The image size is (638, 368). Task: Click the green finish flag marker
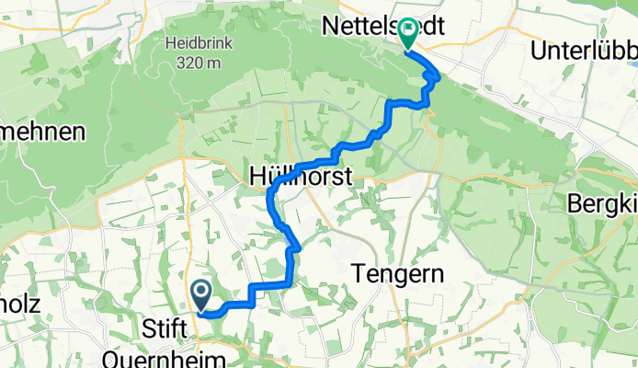[407, 35]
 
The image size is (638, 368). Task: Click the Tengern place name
[399, 273]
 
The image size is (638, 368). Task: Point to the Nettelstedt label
[383, 29]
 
